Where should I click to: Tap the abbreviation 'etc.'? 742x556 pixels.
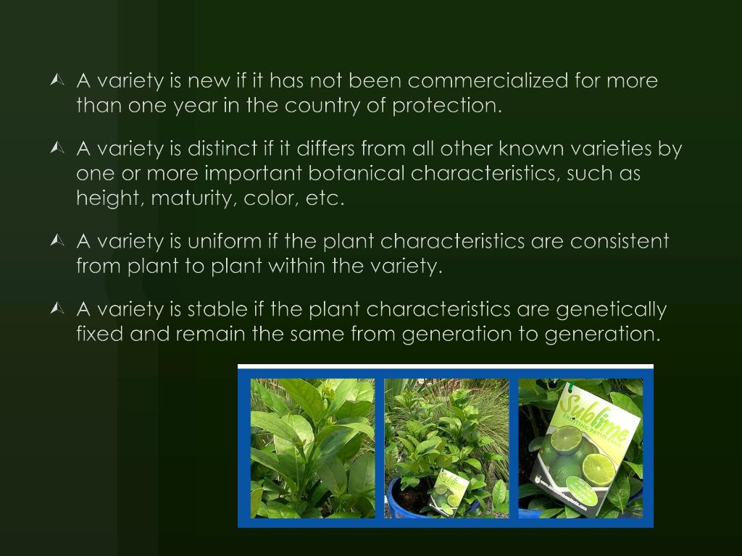(x=325, y=199)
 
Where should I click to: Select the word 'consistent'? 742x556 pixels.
(x=620, y=241)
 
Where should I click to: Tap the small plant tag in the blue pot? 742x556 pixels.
(x=449, y=492)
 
